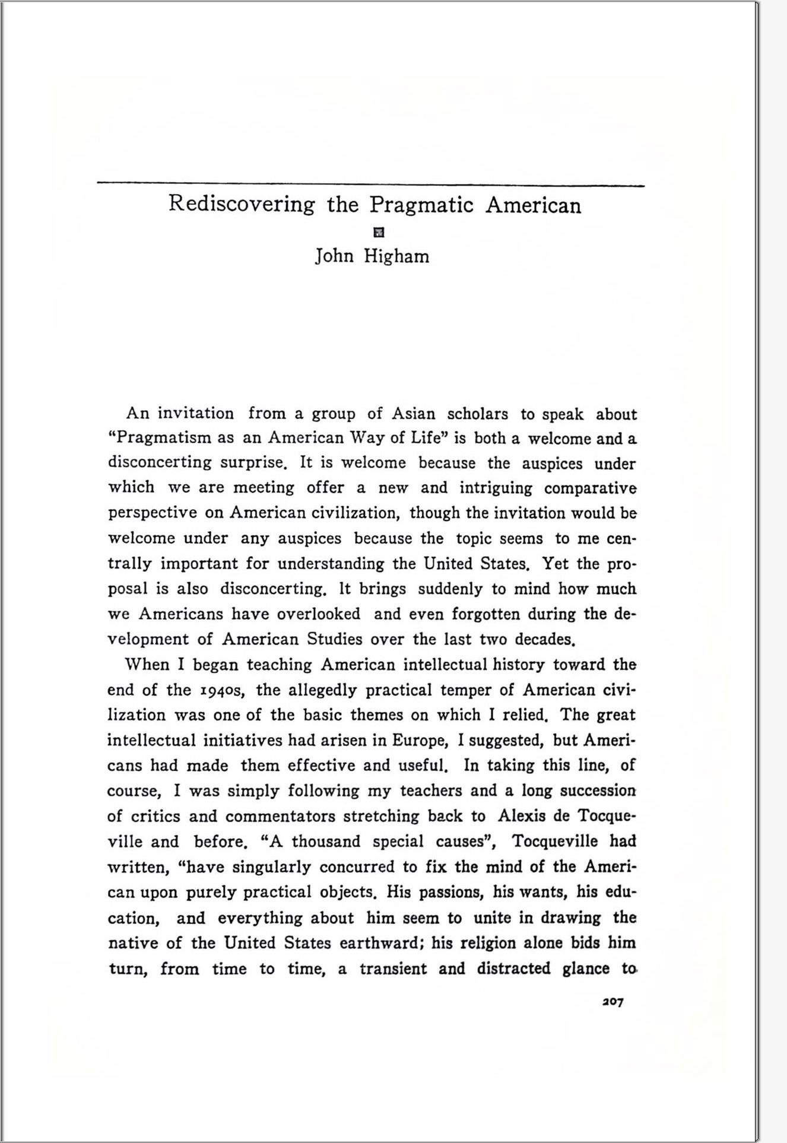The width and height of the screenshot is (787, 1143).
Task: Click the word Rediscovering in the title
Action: pos(242,205)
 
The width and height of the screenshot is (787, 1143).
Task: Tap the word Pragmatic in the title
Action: pos(421,205)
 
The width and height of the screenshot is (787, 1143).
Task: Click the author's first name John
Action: pos(334,256)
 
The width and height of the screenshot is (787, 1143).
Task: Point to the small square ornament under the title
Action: pos(377,232)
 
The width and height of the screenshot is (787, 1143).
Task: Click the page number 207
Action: pos(613,1002)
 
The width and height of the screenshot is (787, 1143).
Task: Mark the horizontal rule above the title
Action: pos(370,184)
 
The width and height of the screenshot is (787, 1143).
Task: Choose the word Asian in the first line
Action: pos(413,414)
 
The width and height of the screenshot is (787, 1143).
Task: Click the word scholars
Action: pos(477,414)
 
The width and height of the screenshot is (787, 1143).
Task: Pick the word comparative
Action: pos(590,488)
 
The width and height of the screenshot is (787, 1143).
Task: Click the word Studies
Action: pos(334,639)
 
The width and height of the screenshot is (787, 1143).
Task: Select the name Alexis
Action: pos(521,816)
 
